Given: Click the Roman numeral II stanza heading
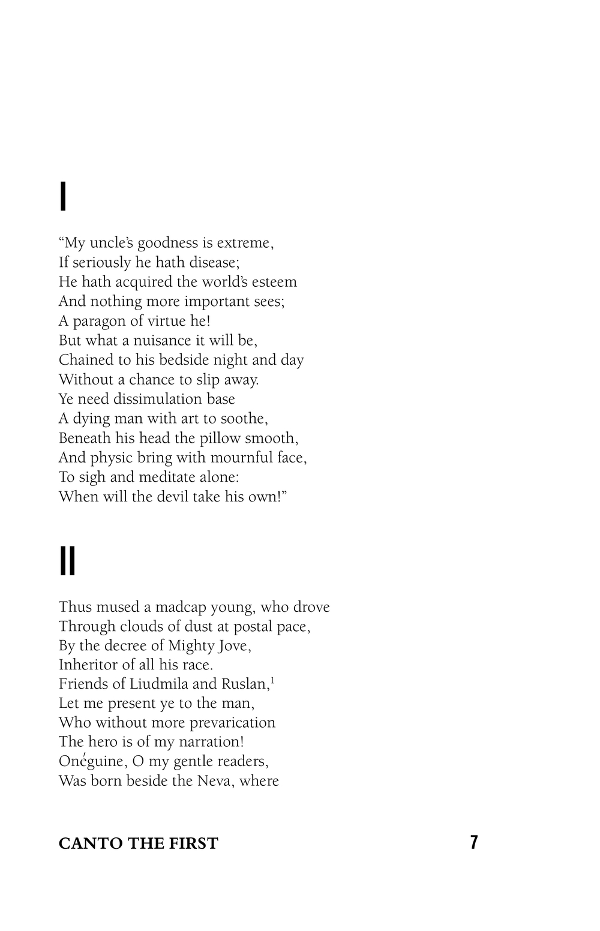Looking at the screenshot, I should click(67, 561).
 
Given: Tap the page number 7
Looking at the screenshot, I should click(474, 842).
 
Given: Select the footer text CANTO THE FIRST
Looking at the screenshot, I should click(138, 843).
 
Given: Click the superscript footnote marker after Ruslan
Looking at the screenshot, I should click(272, 680).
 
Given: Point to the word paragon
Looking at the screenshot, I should click(99, 321).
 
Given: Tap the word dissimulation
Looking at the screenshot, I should click(157, 399).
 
